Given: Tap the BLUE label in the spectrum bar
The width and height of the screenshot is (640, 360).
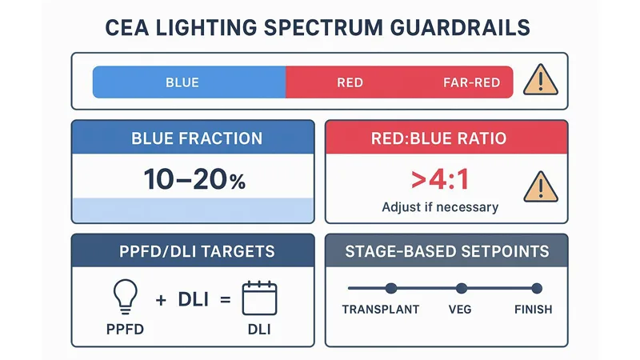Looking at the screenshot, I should coord(182,82).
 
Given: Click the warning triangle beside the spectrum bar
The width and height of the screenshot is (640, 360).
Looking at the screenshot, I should coord(540,81).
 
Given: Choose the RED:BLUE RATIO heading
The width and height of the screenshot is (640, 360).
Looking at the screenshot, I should coord(438,138).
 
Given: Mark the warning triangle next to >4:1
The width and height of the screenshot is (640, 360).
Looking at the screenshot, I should coord(540,187).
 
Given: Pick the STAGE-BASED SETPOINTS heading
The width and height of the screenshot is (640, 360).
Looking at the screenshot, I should coord(447,251).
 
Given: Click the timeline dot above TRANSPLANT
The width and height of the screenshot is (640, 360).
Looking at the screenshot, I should coord(391,288).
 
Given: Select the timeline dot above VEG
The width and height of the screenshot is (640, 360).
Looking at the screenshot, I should coord(461,288).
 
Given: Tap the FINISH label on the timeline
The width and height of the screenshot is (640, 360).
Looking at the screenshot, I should coord(532,310).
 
